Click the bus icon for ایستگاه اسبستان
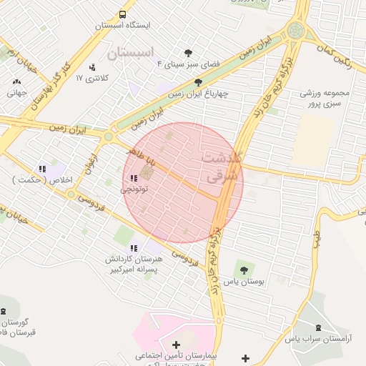click(124, 14)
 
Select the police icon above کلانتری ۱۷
click(91, 68)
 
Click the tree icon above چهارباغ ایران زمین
click(198, 82)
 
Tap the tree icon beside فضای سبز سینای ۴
click(188, 53)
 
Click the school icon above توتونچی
click(133, 179)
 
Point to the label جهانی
click(16, 92)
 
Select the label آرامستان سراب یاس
click(317, 342)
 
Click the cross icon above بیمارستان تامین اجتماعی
click(177, 345)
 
